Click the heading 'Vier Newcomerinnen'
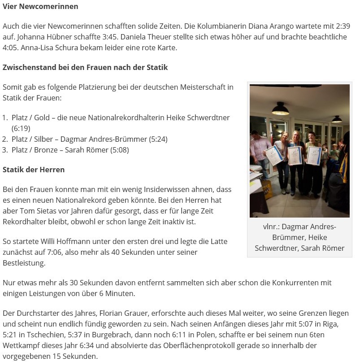40,6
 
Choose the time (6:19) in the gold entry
21,128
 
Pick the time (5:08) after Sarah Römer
119,150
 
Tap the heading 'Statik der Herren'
34,170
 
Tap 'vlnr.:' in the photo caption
271,227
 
